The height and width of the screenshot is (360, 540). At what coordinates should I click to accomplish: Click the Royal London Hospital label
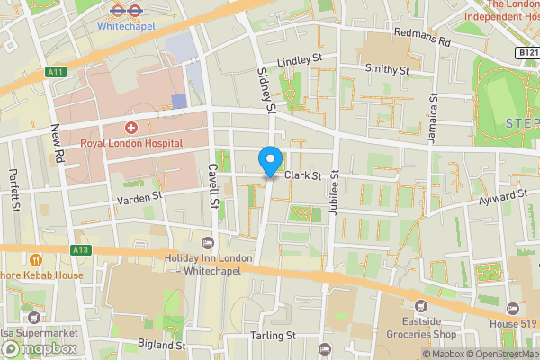pyautogui.click(x=131, y=143)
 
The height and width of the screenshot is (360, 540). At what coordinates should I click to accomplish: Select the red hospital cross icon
pyautogui.click(x=131, y=129)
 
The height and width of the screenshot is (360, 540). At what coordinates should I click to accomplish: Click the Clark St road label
pyautogui.click(x=303, y=176)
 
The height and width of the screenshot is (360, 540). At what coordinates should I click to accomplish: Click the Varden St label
pyautogui.click(x=138, y=194)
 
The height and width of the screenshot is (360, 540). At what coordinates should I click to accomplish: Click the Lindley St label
pyautogui.click(x=300, y=59)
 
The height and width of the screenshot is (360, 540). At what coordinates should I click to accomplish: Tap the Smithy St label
pyautogui.click(x=387, y=68)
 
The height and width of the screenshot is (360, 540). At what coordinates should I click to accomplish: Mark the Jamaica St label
pyautogui.click(x=433, y=112)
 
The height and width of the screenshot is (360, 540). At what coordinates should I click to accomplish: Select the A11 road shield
pyautogui.click(x=55, y=72)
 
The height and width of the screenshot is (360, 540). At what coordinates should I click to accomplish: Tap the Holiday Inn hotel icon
pyautogui.click(x=209, y=243)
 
